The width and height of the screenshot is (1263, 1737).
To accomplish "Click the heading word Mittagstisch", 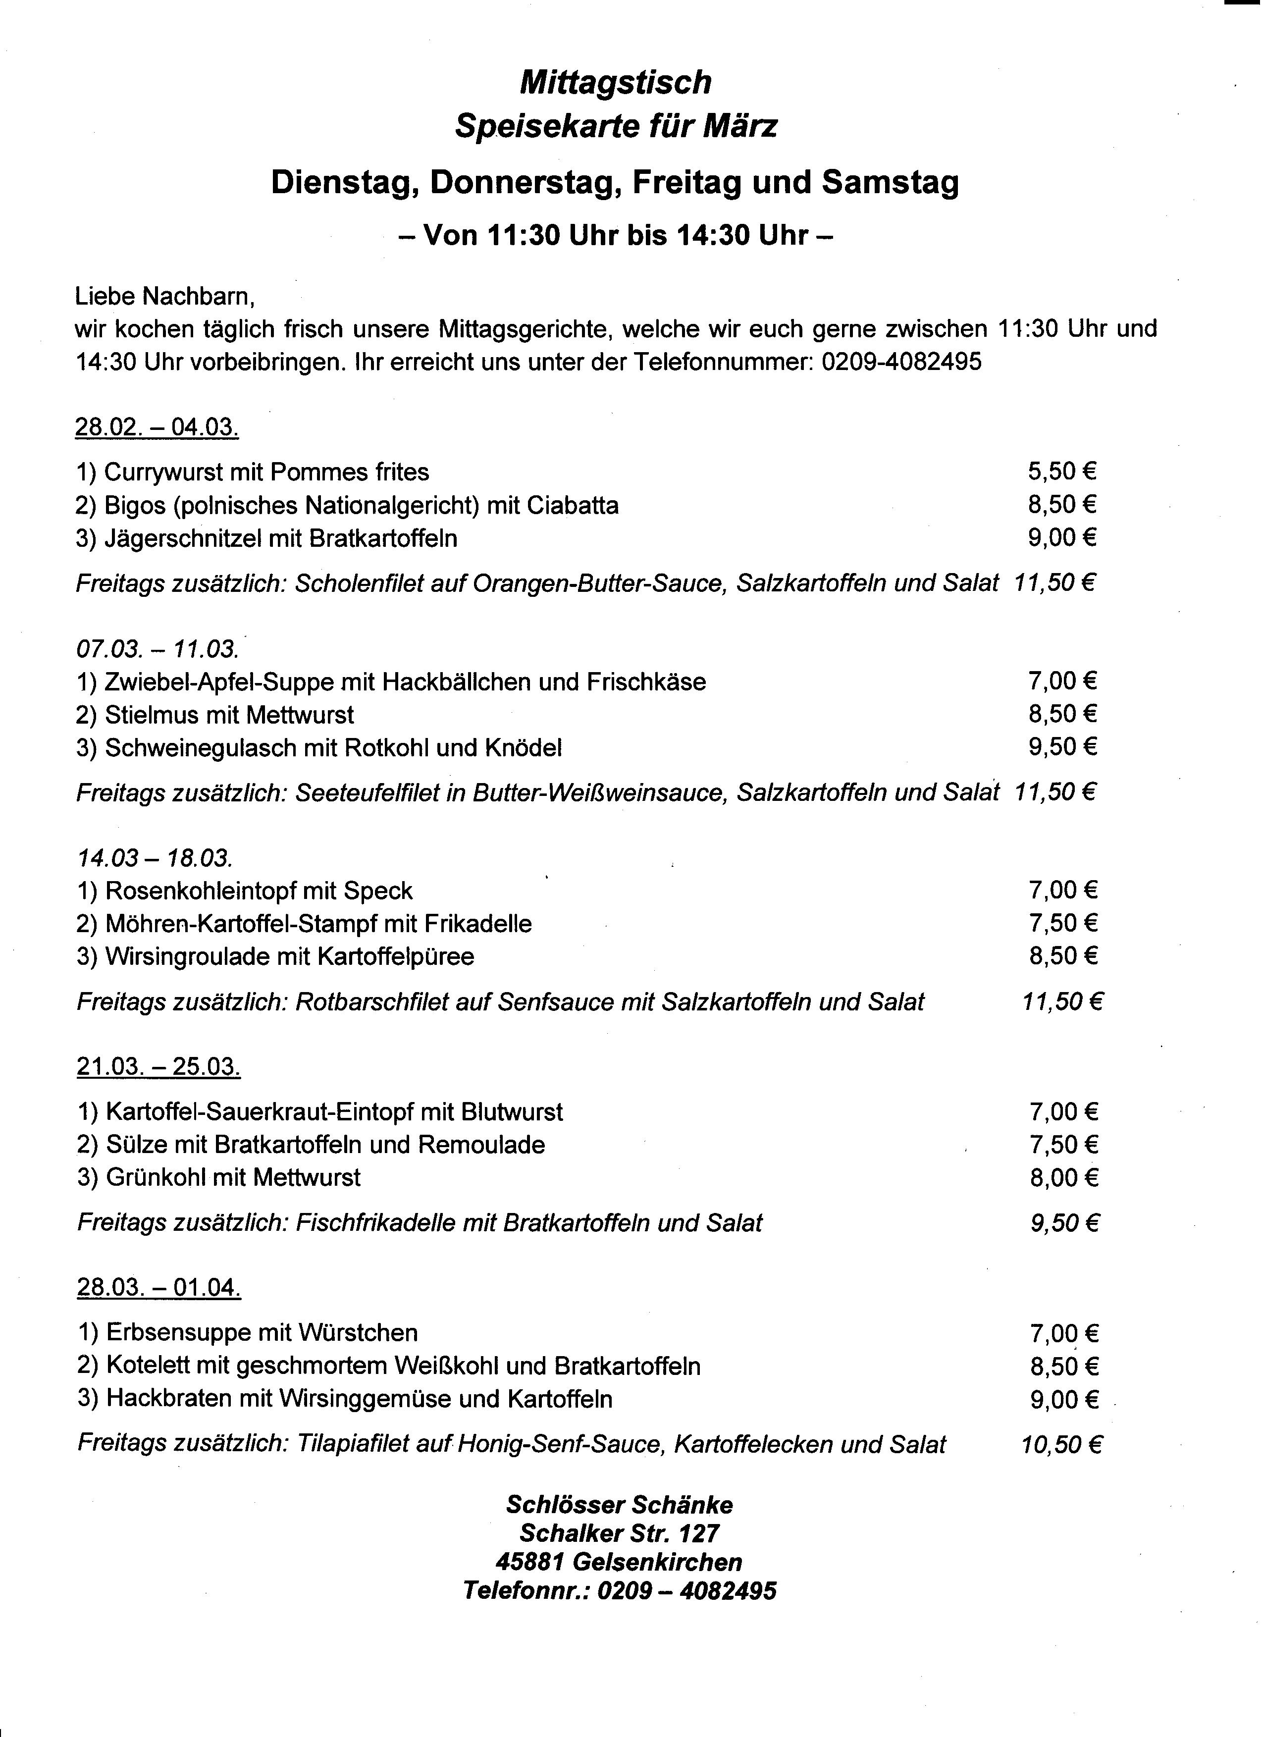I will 616,83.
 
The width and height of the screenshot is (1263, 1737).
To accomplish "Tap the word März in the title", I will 740,126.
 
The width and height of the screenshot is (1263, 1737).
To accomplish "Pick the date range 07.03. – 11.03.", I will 157,649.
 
